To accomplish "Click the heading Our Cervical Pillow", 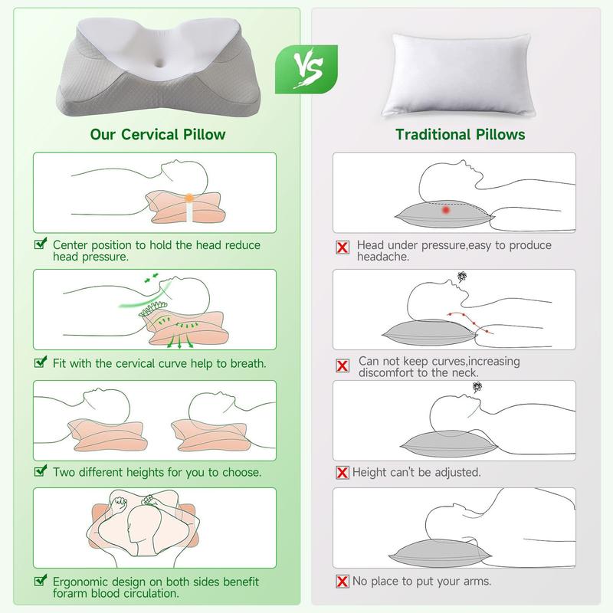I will pos(158,134).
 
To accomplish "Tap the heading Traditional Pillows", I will pos(460,134).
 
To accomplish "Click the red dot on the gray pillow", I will pos(445,210).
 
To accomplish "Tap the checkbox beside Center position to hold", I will pos(41,245).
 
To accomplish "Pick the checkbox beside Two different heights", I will pos(41,472).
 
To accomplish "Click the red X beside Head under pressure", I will pos(343,247).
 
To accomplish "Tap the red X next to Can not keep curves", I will pos(343,366).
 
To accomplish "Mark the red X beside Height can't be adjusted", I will pos(343,473).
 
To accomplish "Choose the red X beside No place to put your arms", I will pos(343,582).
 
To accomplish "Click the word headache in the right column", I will pos(383,257).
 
